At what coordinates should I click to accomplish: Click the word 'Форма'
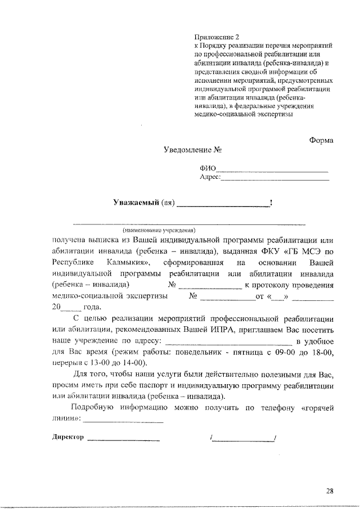tap(321, 140)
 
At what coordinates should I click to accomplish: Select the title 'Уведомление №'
tap(192, 151)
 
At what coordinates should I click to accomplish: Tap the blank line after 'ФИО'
tap(272, 169)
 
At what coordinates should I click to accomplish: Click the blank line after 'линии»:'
tap(124, 421)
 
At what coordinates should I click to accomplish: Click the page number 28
tap(330, 491)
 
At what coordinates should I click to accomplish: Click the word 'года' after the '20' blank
tap(92, 307)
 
